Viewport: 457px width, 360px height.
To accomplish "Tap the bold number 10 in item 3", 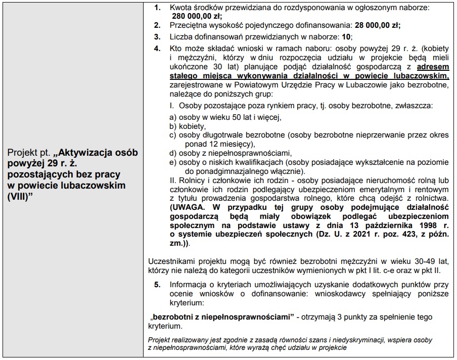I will click(x=346, y=37).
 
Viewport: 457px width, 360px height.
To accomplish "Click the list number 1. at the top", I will click(x=158, y=8).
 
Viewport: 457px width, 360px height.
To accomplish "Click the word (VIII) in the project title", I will click(x=20, y=196).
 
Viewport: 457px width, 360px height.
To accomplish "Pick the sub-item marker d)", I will click(x=173, y=153).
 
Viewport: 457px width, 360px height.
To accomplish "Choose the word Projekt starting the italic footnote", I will click(x=159, y=340).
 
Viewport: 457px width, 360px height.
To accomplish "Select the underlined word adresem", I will click(x=432, y=66).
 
